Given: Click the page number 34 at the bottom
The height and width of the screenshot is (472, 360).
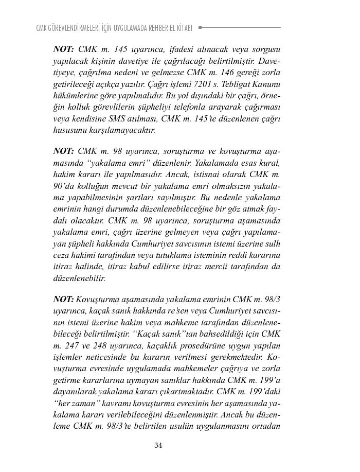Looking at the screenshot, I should (x=158, y=446).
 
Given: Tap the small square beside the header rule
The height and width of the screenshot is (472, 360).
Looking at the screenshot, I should (x=200, y=27).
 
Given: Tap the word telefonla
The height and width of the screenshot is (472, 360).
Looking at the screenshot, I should (x=200, y=107).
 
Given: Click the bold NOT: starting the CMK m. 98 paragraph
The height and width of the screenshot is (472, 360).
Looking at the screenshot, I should (x=64, y=151).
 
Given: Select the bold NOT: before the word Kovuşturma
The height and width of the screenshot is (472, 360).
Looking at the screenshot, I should (x=64, y=299).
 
